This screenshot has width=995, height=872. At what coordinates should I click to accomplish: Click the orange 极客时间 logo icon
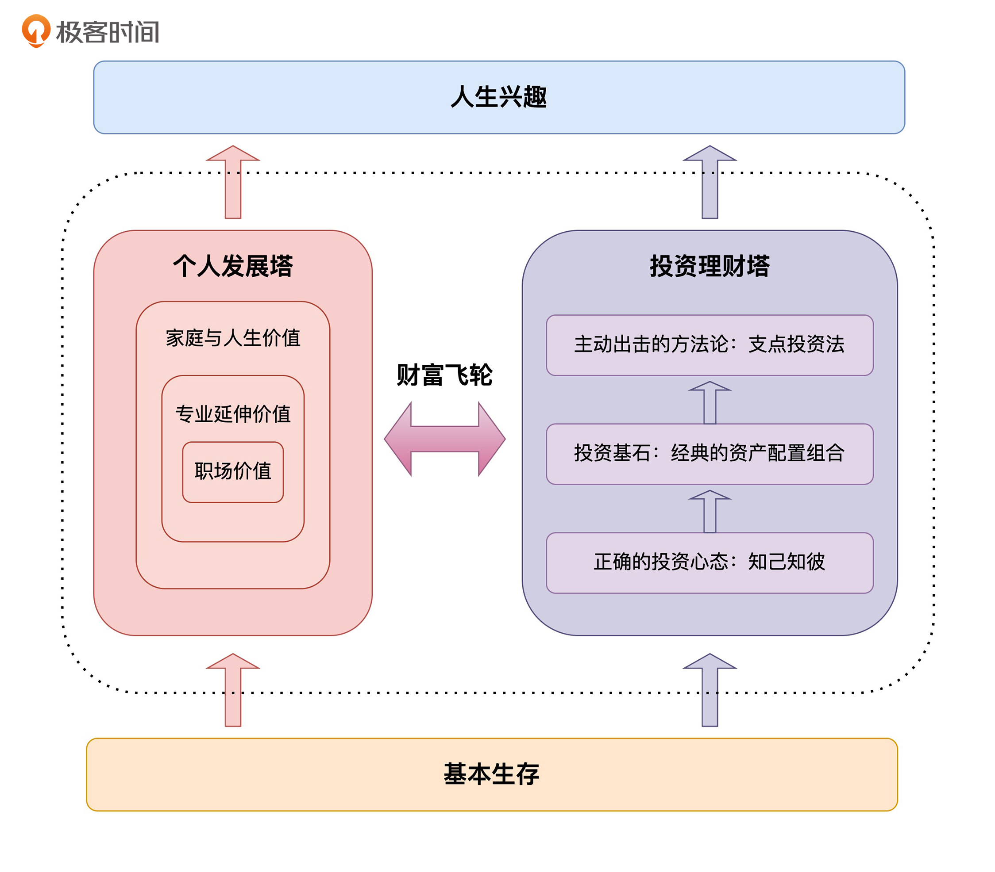(x=36, y=30)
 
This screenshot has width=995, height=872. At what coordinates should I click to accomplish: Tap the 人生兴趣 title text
(x=498, y=97)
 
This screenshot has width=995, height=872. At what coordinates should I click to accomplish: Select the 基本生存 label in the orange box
(x=491, y=774)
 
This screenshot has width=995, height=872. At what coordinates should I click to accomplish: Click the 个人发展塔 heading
(x=233, y=266)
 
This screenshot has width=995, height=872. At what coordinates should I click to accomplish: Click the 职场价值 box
(x=233, y=471)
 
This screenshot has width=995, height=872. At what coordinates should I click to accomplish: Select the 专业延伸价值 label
(x=233, y=414)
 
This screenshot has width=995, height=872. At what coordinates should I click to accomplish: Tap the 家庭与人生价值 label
(x=233, y=337)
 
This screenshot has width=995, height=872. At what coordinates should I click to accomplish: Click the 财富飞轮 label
(x=444, y=375)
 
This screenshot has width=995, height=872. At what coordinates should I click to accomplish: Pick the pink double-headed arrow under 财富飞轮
(x=444, y=439)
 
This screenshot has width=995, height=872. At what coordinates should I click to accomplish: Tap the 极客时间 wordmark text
(x=108, y=32)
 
